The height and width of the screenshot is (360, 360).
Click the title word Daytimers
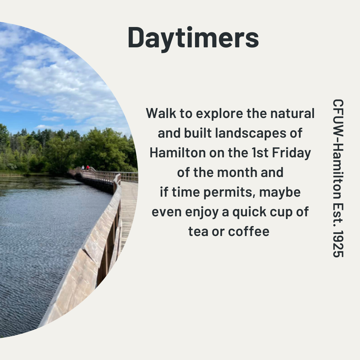pyautogui.click(x=193, y=38)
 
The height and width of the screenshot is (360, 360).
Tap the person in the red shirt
pyautogui.click(x=88, y=168)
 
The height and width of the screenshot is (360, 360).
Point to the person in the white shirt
pyautogui.click(x=83, y=168)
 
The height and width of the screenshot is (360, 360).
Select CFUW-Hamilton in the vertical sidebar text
pyautogui.click(x=338, y=149)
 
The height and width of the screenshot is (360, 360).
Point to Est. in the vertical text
pyautogui.click(x=338, y=215)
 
